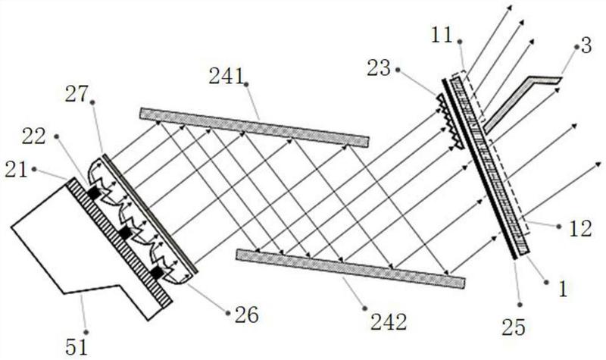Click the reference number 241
226,77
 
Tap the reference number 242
389,321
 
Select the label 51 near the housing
77,346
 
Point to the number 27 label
77,94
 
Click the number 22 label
33,136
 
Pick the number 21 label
16,170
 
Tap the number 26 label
247,315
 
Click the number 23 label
379,68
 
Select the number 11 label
442,36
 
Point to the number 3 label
586,45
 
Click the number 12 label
580,229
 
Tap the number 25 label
514,327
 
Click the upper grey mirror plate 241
255,127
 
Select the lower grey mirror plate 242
351,269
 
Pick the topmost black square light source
93,193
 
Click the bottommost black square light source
157,273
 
